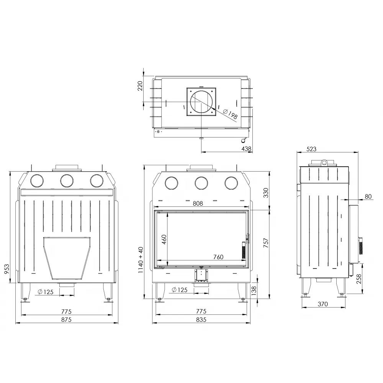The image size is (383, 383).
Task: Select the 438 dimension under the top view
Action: coord(246,148)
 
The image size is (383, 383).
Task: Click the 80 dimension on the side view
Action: coord(368,196)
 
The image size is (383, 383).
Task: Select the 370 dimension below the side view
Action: coord(323,304)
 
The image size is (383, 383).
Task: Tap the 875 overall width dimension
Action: coord(67,319)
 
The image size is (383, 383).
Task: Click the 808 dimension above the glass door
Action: coord(198,204)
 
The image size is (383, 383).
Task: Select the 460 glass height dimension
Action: coord(164,239)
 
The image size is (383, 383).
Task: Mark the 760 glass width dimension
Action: coord(218,257)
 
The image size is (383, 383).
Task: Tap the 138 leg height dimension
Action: coord(253,291)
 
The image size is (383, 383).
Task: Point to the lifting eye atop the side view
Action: coord(324,162)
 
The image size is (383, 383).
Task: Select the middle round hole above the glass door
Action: coord(201,183)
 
